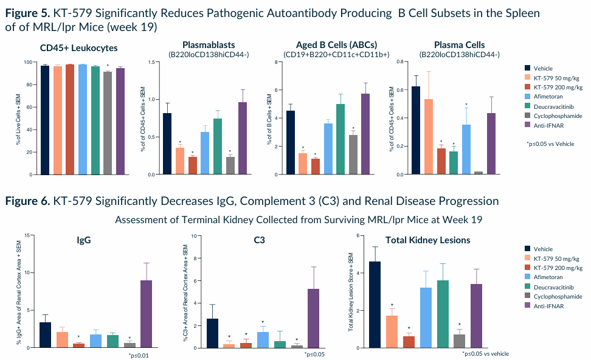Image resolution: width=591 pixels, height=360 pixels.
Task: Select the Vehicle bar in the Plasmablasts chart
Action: click(167, 144)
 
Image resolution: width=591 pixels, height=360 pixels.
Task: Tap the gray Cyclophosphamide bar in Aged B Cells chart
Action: click(353, 154)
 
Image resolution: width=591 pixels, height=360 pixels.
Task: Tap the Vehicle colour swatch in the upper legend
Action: click(528, 69)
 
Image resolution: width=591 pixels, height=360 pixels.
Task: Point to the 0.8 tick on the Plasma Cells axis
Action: click(400, 62)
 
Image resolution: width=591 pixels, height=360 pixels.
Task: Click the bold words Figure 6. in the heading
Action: click(27, 201)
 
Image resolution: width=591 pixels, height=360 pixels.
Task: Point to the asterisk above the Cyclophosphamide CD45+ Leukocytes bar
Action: click(108, 66)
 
